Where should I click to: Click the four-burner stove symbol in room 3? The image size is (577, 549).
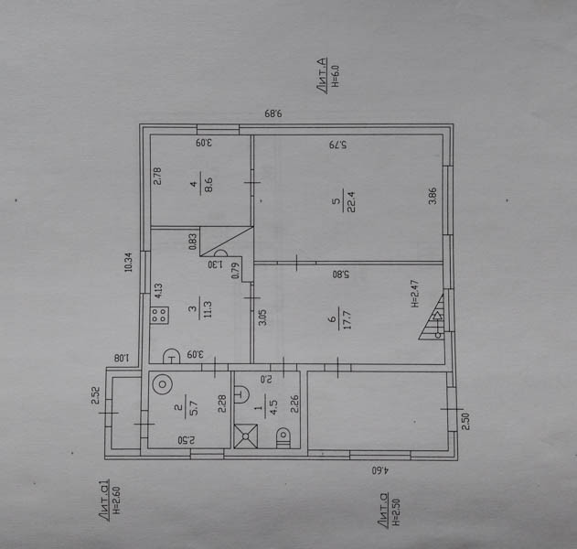tap(159, 317)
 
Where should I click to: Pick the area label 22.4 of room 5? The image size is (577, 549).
tap(344, 203)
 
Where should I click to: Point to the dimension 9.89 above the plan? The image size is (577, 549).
tap(273, 113)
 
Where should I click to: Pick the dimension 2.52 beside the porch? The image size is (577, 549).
tap(95, 395)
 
